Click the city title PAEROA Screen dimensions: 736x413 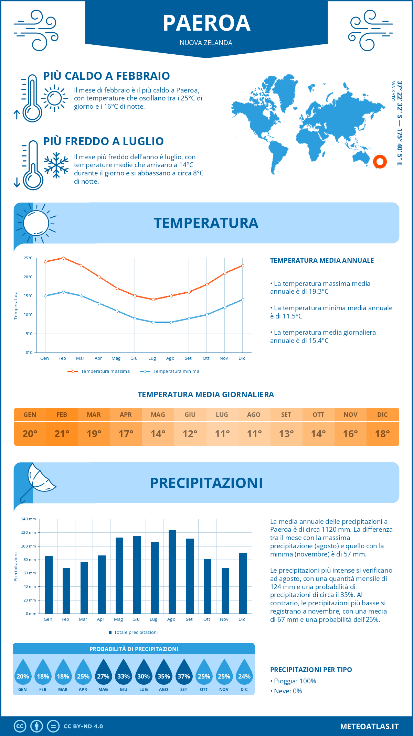tap(206, 23)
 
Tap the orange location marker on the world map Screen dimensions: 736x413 tap(380, 161)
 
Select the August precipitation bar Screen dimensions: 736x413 tap(172, 572)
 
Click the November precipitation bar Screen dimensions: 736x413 tap(225, 591)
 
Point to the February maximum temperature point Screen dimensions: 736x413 tap(63, 258)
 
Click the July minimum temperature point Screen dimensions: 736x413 tap(153, 322)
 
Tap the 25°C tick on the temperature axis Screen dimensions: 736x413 tap(28, 258)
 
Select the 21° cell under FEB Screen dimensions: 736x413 tap(62, 434)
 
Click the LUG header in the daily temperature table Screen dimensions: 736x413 tap(222, 414)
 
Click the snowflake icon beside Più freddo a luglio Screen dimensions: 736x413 tap(56, 165)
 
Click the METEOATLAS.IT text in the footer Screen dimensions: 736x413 tap(369, 726)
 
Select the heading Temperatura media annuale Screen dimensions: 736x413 tap(322, 260)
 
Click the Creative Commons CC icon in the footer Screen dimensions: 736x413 tap(20, 726)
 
